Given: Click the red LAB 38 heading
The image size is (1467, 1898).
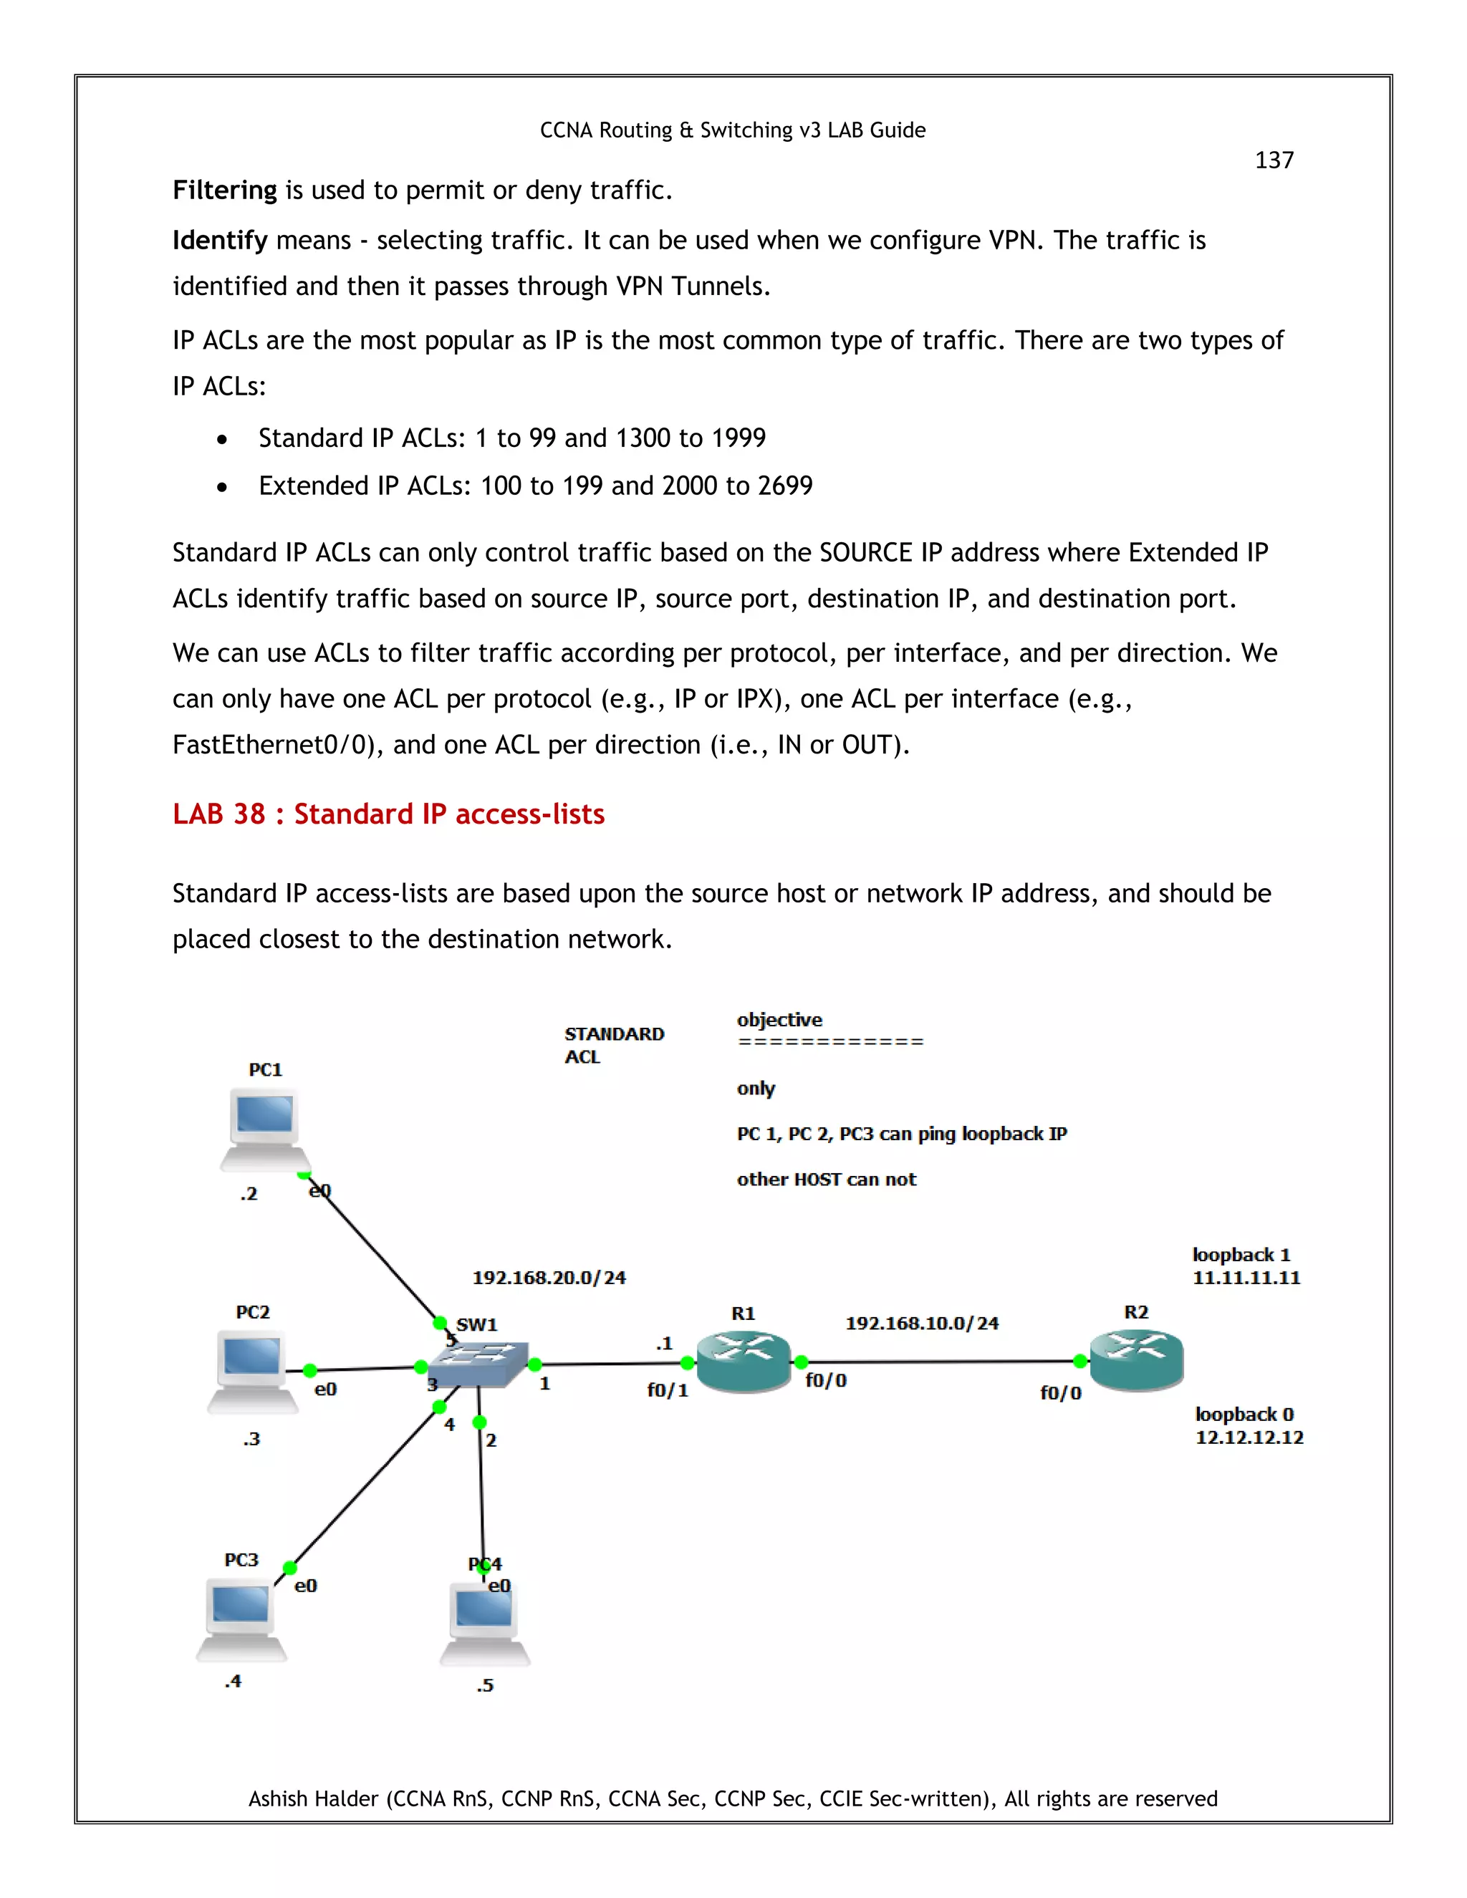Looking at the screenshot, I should [388, 814].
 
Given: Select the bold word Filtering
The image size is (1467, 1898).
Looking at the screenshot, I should [224, 191].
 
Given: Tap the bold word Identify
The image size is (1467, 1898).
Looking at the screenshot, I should [219, 241].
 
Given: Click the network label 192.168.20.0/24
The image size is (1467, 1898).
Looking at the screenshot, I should [549, 1278].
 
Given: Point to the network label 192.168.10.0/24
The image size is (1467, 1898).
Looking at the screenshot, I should [921, 1323].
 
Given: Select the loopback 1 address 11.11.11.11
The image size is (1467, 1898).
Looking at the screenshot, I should [1246, 1278].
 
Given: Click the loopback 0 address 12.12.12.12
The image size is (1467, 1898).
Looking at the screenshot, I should [1249, 1437].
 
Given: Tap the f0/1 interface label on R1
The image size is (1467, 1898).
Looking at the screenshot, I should [667, 1390].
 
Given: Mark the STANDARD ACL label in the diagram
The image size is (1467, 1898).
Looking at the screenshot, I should [614, 1044].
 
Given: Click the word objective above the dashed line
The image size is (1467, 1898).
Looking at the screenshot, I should [779, 1019].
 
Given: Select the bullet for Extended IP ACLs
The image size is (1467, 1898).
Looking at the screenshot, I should [223, 488].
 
